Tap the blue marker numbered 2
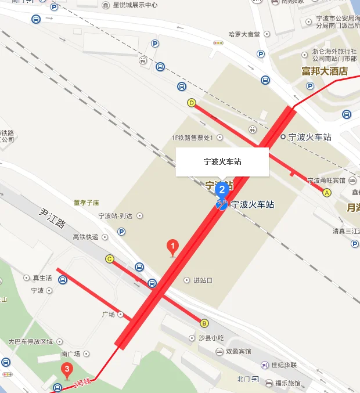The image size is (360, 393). (x=221, y=189)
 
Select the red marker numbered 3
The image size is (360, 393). (x=67, y=369)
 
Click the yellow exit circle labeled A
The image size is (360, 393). (x=327, y=193)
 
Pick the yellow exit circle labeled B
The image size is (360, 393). (x=204, y=323)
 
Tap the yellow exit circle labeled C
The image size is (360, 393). (x=109, y=259)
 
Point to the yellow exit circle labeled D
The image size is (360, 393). (x=191, y=103)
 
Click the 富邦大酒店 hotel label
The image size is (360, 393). (x=324, y=71)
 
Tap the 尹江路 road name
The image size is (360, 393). (x=53, y=218)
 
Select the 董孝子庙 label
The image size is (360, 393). (x=87, y=203)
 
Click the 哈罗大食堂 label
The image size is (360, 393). (x=244, y=34)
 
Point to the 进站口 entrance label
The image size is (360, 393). (x=203, y=280)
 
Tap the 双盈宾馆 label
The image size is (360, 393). (x=238, y=352)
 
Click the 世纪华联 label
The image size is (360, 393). (x=284, y=365)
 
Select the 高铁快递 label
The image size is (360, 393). (x=85, y=237)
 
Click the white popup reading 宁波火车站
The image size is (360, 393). (x=222, y=162)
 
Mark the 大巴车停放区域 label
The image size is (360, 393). (x=30, y=341)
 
